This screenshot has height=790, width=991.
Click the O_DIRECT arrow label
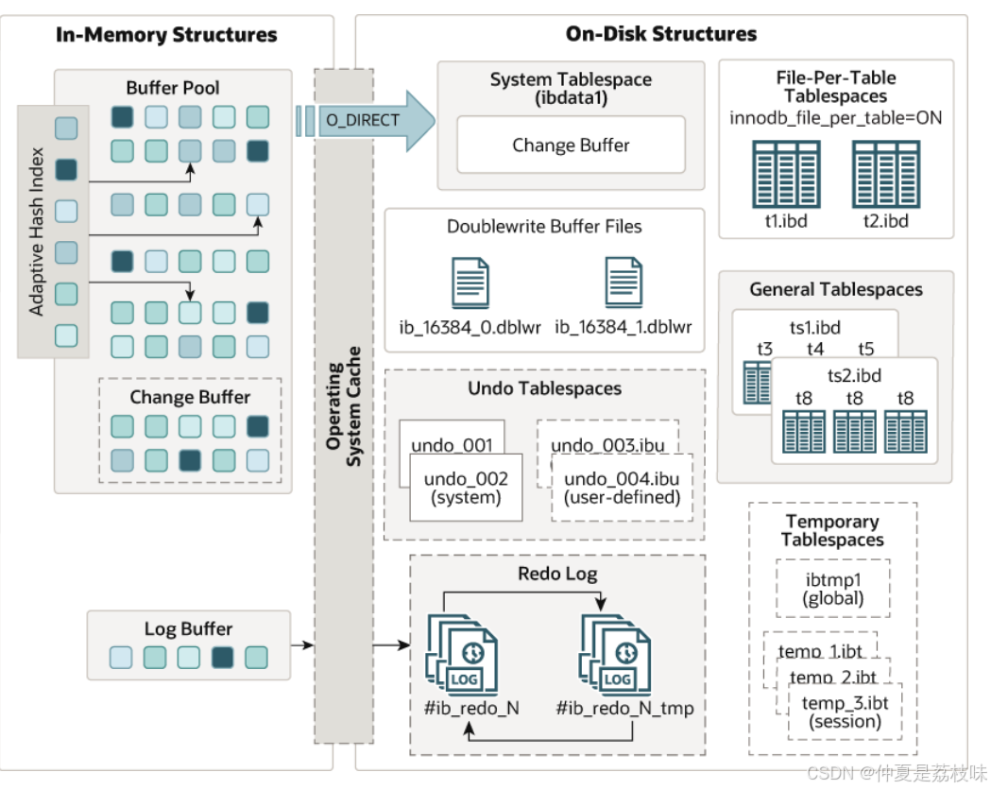click(363, 120)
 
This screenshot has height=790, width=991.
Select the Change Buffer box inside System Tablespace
click(571, 145)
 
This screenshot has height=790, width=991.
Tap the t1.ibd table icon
click(786, 175)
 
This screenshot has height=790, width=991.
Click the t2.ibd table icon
click(886, 175)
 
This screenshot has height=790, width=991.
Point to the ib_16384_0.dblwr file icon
click(470, 283)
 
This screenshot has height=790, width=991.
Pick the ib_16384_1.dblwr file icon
click(624, 282)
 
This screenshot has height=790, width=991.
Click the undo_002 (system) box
click(466, 488)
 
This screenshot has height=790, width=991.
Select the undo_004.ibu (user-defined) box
click(622, 488)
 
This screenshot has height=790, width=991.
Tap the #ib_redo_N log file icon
click(463, 655)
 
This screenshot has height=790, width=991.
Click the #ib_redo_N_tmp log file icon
click(616, 655)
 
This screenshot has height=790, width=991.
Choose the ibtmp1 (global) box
click(833, 589)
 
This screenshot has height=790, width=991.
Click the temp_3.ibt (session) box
click(845, 712)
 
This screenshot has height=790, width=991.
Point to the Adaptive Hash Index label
click(37, 232)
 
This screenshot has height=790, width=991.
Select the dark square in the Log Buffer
click(222, 658)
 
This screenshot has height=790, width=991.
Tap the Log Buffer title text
click(188, 628)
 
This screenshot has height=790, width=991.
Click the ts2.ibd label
click(854, 375)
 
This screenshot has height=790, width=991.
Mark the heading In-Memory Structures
click(166, 34)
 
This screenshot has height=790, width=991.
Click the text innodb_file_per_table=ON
click(835, 118)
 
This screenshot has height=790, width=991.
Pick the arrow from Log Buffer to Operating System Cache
click(302, 645)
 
